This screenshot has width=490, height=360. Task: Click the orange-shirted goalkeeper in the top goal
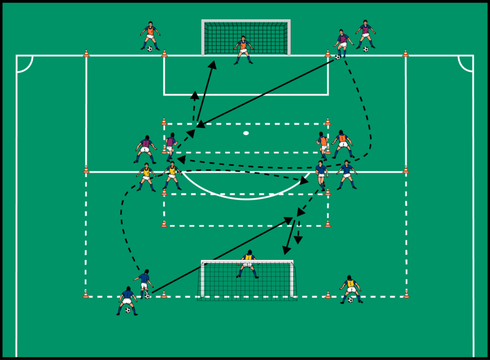click(x=243, y=49)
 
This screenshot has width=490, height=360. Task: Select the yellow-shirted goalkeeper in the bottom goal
click(x=248, y=264)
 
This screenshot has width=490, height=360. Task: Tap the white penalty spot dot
click(x=246, y=133)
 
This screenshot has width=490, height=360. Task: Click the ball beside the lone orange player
click(x=150, y=49)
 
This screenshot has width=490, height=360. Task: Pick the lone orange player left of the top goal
click(x=151, y=35)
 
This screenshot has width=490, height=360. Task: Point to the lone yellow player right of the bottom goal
click(x=350, y=287)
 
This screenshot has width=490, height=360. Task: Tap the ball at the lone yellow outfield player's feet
click(x=350, y=299)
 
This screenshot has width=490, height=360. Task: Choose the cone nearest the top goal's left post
click(x=164, y=54)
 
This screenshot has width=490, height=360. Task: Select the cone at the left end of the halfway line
click(x=86, y=170)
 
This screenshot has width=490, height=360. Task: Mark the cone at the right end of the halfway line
click(x=405, y=170)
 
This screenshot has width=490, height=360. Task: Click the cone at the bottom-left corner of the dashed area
click(x=86, y=294)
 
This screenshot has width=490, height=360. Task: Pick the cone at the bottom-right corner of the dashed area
click(x=406, y=294)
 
